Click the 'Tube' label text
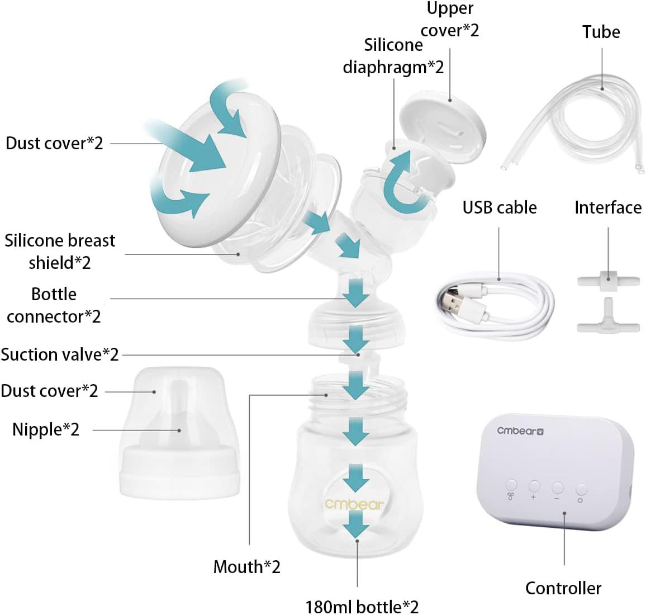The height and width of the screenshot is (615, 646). tap(601, 32)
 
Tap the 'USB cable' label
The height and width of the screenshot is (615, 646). tap(499, 207)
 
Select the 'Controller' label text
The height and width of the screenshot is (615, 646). tap(563, 588)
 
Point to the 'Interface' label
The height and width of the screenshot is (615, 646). tap(608, 207)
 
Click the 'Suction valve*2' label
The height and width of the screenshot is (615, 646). tap(60, 354)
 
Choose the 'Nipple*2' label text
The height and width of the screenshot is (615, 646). tap(46, 429)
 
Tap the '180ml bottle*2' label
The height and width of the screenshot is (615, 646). tap(362, 606)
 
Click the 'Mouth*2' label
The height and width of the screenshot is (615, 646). tap(246, 567)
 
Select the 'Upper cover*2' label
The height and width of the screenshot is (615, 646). tap(450, 19)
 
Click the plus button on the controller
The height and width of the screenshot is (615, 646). tap(534, 486)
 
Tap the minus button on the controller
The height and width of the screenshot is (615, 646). tap(557, 488)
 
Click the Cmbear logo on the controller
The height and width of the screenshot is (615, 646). tap(520, 430)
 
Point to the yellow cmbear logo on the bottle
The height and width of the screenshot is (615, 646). tap(354, 504)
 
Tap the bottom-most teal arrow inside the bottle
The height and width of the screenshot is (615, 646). tap(356, 526)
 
